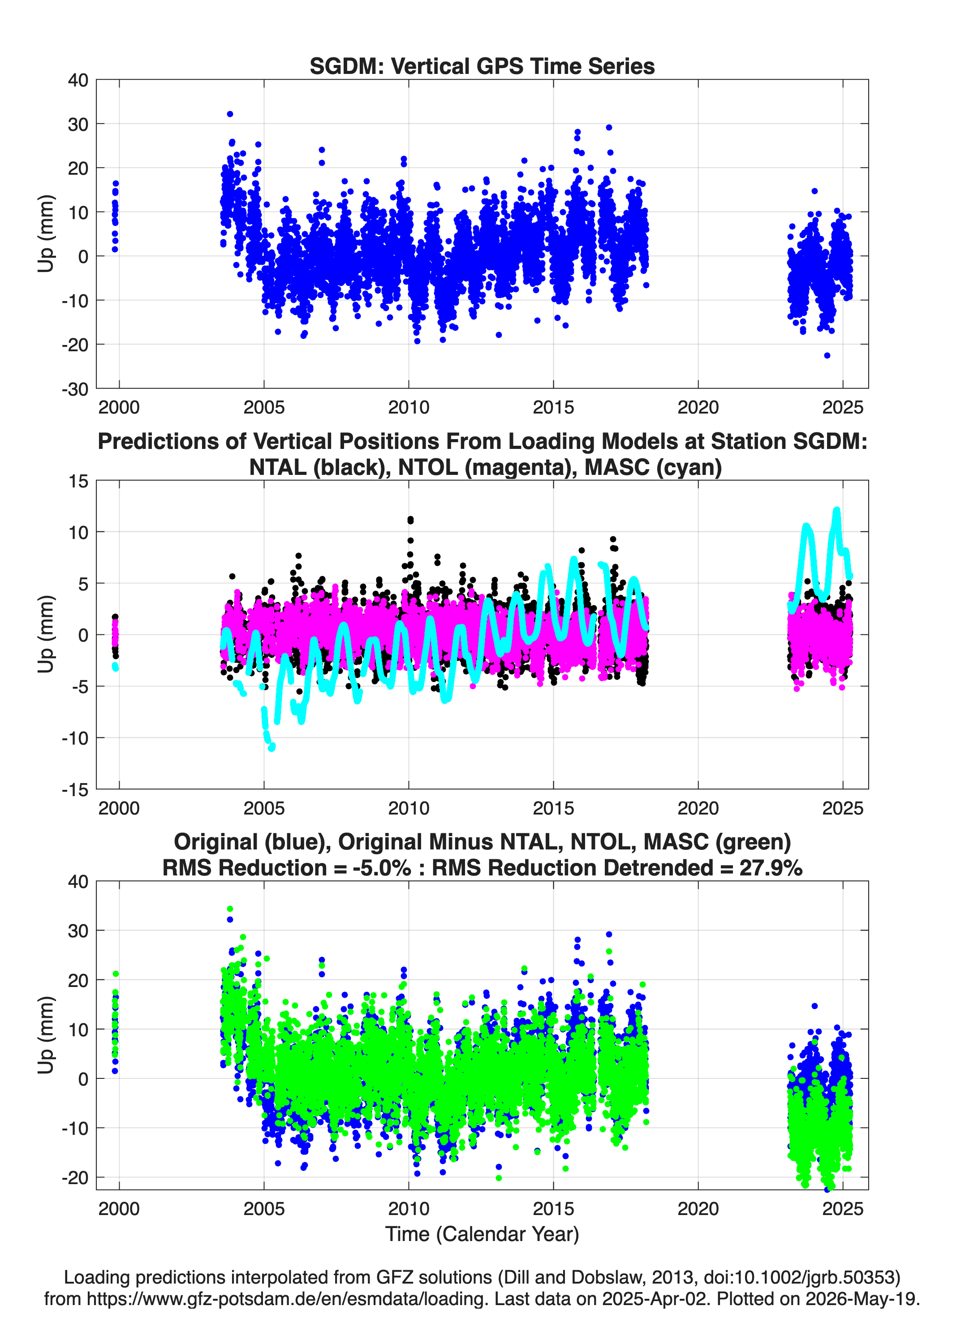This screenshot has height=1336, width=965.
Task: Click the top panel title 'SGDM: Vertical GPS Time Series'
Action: pyautogui.click(x=482, y=66)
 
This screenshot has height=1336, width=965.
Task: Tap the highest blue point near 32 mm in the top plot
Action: pyautogui.click(x=230, y=114)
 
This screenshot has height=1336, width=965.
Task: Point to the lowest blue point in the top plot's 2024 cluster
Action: pyautogui.click(x=827, y=355)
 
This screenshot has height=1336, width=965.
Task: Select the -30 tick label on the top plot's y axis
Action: pyautogui.click(x=75, y=389)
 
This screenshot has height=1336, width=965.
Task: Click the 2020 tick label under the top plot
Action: pyautogui.click(x=698, y=407)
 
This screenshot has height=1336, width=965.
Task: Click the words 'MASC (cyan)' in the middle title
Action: pyautogui.click(x=653, y=467)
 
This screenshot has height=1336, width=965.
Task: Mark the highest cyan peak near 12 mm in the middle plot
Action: pyautogui.click(x=836, y=511)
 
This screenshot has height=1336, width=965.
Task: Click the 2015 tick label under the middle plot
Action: pyautogui.click(x=553, y=808)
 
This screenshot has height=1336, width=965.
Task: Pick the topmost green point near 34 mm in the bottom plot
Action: pyautogui.click(x=230, y=909)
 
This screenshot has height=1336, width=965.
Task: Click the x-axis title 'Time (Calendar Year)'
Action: pyautogui.click(x=482, y=1233)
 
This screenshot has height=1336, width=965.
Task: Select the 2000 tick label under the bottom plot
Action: pyautogui.click(x=119, y=1209)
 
